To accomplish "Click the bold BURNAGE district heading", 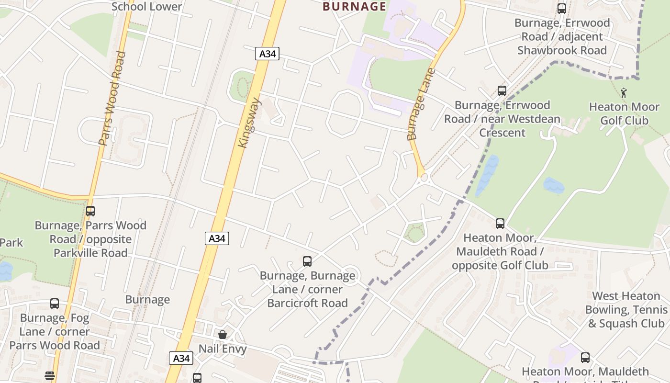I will tap(354, 6).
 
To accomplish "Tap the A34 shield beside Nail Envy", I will tap(181, 358).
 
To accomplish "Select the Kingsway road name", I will tap(249, 123).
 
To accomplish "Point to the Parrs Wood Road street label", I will tap(112, 98).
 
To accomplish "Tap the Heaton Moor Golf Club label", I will tap(624, 113).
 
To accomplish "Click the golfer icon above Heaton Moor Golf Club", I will tap(624, 92).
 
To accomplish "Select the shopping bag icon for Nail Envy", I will tap(223, 334).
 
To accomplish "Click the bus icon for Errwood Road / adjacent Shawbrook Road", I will tap(562, 9).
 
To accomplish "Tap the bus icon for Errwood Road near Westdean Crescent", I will tap(502, 91).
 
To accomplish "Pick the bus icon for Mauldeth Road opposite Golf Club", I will tap(500, 224).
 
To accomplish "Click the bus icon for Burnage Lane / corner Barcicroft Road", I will tap(307, 261).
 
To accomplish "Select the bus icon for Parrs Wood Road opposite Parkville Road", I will tap(90, 211).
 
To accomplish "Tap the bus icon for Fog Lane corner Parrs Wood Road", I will tap(55, 304).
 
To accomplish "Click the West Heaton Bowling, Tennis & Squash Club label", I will tap(626, 310).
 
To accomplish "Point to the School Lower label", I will tap(146, 6).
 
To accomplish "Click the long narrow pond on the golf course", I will tap(487, 175).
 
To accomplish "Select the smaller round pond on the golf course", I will tap(554, 186).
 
